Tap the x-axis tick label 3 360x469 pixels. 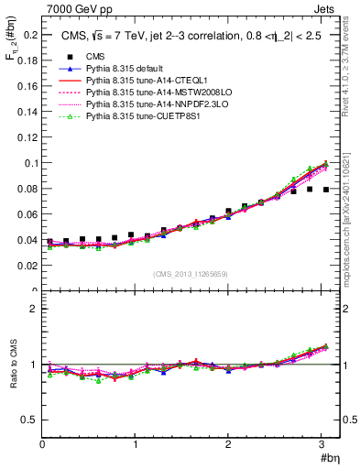tap(322, 445)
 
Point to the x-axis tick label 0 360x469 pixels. tap(42, 445)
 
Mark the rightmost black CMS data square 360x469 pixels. tap(326, 190)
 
